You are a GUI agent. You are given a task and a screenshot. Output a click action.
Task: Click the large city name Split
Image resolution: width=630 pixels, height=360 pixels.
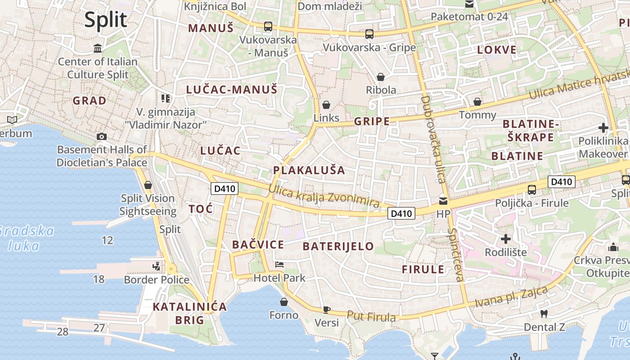tap(106, 20)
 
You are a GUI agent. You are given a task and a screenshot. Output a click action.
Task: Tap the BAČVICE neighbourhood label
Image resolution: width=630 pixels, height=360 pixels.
tap(258, 245)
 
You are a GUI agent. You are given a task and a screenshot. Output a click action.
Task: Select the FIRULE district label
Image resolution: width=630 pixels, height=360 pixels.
tap(423, 270)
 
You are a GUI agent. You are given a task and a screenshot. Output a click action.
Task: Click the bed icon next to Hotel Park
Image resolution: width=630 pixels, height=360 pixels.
tap(279, 265)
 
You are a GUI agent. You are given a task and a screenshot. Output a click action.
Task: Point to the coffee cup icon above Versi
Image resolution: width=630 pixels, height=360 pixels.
tap(327, 310)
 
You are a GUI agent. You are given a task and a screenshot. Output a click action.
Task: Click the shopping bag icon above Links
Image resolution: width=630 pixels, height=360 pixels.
tap(326, 105)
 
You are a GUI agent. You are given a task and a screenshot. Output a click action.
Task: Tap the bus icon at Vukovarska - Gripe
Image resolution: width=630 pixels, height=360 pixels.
tap(369, 34)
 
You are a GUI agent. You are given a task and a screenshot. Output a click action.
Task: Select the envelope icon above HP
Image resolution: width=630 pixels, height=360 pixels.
tap(443, 201)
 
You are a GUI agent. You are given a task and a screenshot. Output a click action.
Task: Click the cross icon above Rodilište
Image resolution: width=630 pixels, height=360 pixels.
tap(506, 238)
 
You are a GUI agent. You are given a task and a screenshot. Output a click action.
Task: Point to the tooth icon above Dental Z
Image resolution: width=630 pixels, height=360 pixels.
tap(544, 314)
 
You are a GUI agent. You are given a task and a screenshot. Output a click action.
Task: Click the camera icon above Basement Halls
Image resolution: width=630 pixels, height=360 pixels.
tap(102, 136)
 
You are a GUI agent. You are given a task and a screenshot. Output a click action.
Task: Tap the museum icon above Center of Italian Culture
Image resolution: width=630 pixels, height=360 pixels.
tap(98, 48)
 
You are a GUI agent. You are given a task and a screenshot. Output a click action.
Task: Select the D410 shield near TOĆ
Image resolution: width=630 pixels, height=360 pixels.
tap(225, 189)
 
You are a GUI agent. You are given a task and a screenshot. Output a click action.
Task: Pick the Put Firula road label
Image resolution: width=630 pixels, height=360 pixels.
tap(371, 316)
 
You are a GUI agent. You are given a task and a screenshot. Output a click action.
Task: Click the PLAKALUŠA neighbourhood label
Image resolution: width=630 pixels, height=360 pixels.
tap(309, 170)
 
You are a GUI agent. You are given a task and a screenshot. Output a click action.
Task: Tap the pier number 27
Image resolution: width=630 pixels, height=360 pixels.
tap(99, 328)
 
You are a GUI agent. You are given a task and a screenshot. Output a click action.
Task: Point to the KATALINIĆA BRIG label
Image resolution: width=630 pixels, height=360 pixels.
tap(189, 314)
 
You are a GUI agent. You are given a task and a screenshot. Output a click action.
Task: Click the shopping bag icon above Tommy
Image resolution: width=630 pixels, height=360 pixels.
tap(477, 102)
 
